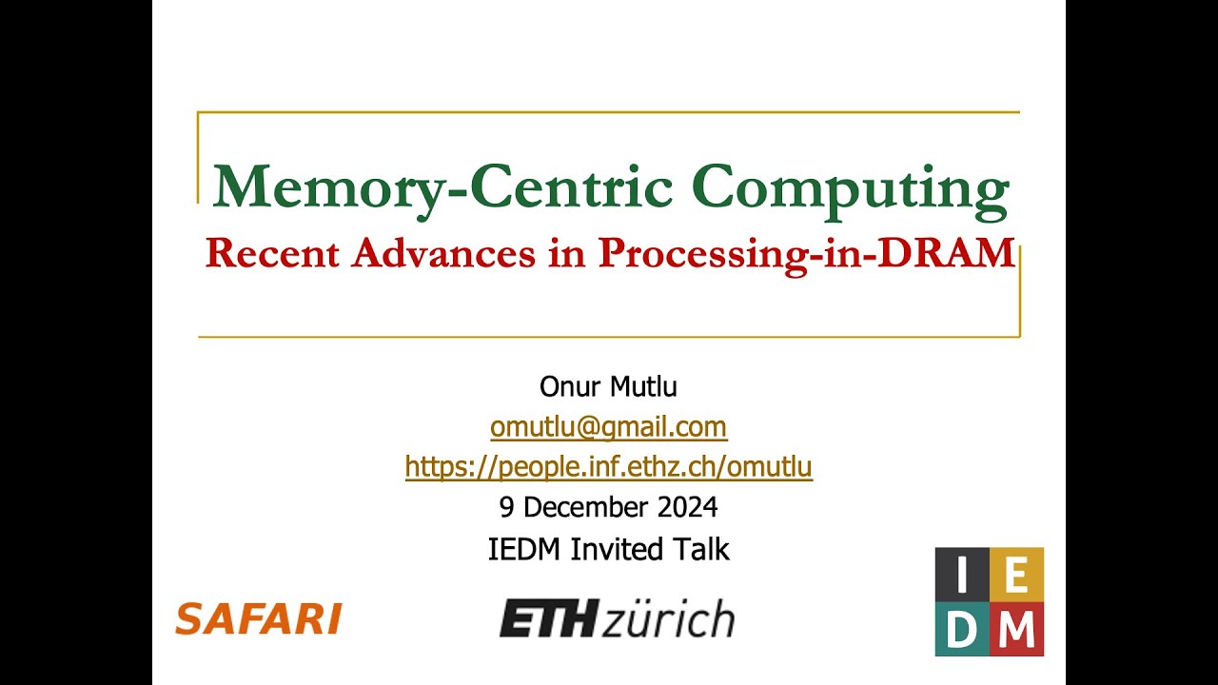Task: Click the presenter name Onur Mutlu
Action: [x=608, y=387]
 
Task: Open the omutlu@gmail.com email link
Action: [x=608, y=427]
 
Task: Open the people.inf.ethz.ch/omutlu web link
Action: [x=608, y=467]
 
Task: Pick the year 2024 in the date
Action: [x=685, y=507]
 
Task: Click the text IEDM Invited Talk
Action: [x=608, y=549]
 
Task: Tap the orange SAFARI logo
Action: [x=259, y=619]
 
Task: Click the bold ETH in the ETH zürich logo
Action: [x=548, y=619]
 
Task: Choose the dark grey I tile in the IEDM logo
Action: [x=962, y=575]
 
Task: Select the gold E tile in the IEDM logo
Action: [x=1016, y=575]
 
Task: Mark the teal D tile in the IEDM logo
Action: [x=962, y=629]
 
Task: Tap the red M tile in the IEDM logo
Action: [x=1016, y=629]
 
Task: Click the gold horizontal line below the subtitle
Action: [x=609, y=337]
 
